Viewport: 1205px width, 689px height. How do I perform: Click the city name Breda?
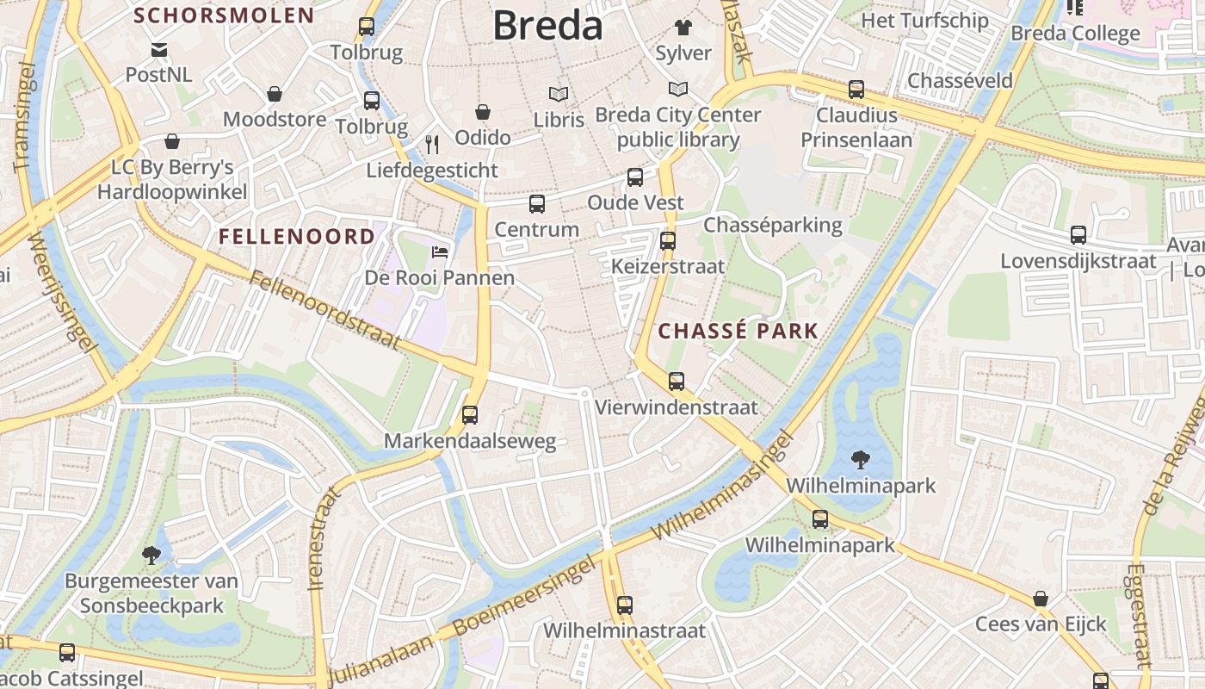(x=547, y=26)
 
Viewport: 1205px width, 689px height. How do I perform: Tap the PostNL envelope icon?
(x=159, y=50)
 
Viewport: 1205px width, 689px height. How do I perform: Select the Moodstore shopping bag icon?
(x=275, y=94)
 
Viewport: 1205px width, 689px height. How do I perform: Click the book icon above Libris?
(x=559, y=94)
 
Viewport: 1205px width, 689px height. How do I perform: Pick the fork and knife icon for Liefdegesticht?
(x=432, y=144)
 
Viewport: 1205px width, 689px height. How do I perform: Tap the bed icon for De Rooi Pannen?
(x=439, y=252)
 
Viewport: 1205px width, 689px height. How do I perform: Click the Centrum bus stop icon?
(x=537, y=204)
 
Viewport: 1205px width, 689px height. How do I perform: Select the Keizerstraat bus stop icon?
(x=668, y=241)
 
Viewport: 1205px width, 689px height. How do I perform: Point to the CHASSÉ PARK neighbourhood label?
(x=738, y=331)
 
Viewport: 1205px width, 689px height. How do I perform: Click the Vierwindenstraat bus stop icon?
(x=677, y=381)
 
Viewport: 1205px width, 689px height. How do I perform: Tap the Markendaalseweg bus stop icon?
(x=470, y=415)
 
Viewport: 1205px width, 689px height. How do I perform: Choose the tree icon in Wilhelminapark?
(x=860, y=460)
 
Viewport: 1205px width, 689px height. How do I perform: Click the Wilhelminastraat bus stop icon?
(x=625, y=605)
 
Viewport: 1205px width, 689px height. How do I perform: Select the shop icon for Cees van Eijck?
(x=1041, y=599)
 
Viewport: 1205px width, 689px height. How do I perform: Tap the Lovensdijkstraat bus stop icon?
(x=1078, y=234)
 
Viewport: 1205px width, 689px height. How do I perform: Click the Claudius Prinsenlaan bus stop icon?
(x=856, y=89)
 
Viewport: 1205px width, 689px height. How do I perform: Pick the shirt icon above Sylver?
(x=683, y=27)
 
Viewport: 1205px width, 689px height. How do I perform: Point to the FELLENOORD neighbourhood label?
(x=296, y=236)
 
